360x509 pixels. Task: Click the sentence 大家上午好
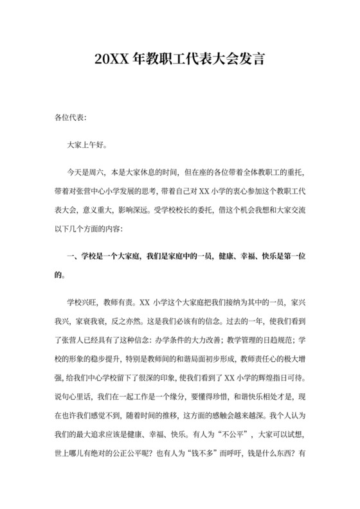[x=85, y=146]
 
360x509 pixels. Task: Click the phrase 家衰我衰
[x=94, y=320]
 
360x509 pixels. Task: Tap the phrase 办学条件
[x=186, y=339]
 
